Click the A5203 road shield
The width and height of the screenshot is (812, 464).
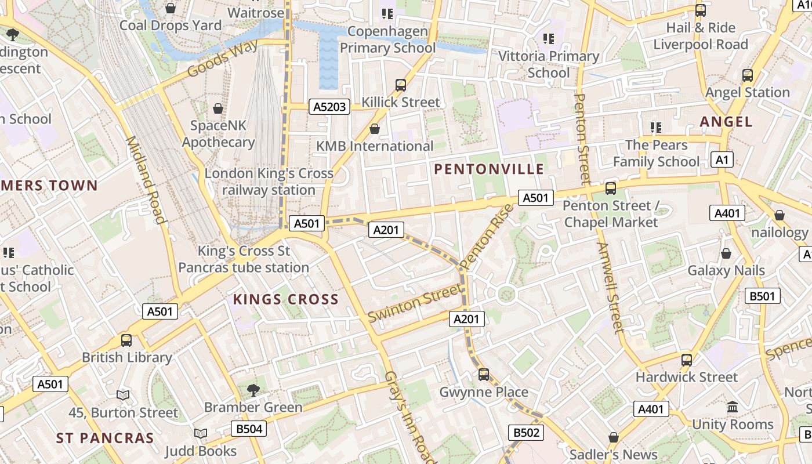(329, 107)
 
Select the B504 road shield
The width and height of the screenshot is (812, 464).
(249, 429)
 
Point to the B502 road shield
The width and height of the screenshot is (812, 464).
(527, 432)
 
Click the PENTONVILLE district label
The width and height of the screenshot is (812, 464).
(489, 169)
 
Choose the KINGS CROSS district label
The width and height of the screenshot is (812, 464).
(285, 299)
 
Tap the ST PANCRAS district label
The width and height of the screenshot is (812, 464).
(105, 438)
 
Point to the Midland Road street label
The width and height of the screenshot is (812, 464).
(146, 180)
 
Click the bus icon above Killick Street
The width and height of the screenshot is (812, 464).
(400, 85)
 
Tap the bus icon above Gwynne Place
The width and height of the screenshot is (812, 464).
(484, 375)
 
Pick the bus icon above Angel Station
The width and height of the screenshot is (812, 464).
(747, 75)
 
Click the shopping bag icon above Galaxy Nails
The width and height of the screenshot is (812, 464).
(726, 253)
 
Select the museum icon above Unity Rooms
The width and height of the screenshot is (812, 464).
(733, 407)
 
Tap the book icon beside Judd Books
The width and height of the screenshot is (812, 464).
(201, 434)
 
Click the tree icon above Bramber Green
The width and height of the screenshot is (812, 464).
(253, 389)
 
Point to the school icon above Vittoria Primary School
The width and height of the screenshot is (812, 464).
(548, 39)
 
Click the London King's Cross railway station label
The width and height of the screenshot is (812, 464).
(269, 182)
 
